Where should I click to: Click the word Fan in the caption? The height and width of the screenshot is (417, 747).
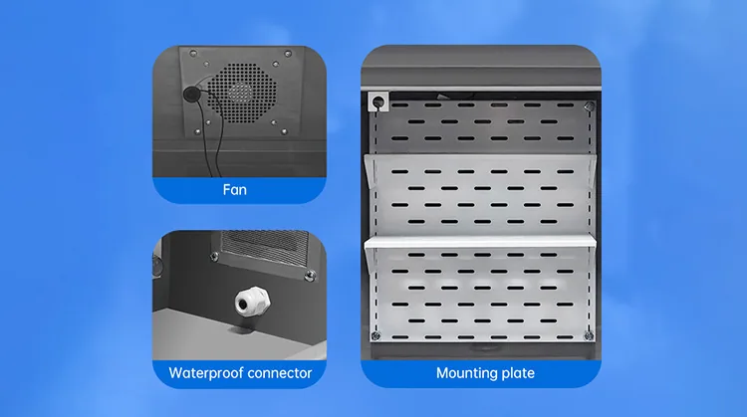235,190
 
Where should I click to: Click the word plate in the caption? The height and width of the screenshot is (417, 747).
513,373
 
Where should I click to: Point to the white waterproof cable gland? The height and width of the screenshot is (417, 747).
252,302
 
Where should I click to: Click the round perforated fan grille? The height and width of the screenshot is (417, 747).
242,93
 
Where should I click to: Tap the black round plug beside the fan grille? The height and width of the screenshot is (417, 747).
191,94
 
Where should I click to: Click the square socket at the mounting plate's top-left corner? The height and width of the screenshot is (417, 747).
378,102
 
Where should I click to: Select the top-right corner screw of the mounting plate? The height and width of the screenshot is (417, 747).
590,106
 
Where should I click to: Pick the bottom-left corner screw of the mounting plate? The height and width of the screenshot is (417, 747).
375,336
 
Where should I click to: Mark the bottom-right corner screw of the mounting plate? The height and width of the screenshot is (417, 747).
589,336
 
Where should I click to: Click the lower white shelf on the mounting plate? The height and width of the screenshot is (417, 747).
480,242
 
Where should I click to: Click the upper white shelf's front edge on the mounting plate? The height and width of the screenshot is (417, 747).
480,156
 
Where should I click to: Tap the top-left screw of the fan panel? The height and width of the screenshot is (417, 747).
193,53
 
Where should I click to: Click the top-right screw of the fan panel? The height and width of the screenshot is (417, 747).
288,54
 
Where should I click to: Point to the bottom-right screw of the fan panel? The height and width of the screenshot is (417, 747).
285,131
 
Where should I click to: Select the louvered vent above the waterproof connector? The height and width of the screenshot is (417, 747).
264,250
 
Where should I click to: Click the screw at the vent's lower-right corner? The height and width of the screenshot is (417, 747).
310,275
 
